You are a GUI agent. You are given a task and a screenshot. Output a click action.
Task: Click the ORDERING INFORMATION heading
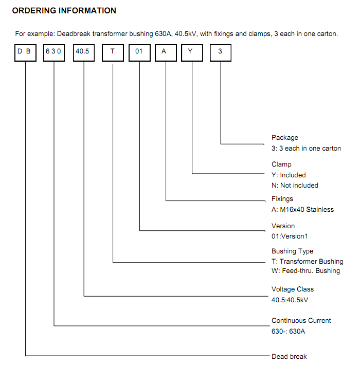[64, 10]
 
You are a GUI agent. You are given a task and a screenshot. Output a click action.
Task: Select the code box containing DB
[25, 53]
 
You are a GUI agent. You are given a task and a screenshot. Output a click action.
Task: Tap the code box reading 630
[54, 53]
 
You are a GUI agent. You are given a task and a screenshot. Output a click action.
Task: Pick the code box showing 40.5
[84, 53]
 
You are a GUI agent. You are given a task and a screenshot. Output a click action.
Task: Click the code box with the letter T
[113, 53]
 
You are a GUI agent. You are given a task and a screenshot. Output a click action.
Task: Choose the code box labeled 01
[139, 53]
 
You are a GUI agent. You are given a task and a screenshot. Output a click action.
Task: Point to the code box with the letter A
[166, 53]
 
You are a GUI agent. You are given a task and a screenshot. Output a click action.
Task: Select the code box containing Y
[192, 53]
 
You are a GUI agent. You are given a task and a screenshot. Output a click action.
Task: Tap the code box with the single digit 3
[221, 53]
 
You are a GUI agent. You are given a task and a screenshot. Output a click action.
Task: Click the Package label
[285, 138]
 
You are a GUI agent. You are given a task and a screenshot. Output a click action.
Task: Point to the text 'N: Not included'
[295, 186]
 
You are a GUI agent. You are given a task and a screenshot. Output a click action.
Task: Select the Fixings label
[282, 198]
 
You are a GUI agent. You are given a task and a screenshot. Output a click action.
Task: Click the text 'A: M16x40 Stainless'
[302, 209]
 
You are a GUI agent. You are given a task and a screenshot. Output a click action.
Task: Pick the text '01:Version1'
[290, 236]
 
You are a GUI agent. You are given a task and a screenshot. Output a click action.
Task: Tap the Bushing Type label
[292, 251]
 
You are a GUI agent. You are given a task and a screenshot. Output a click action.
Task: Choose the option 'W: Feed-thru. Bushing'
[306, 271]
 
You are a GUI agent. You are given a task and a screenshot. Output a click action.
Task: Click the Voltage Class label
[293, 289]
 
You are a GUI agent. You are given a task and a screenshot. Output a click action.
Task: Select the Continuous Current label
[301, 320]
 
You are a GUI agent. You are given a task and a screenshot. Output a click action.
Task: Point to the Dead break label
[289, 356]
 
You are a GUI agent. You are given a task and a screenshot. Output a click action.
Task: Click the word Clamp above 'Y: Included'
[281, 164]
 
